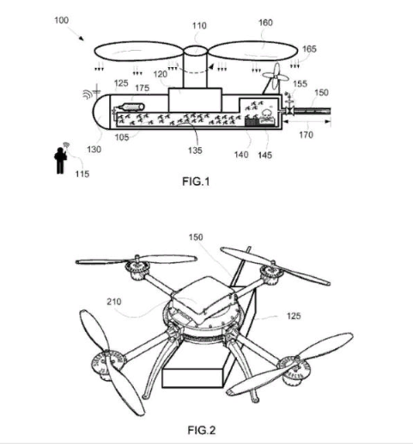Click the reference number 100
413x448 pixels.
[62, 21]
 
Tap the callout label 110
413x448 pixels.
[199, 26]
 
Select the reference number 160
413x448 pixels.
[265, 22]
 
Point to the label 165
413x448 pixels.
[309, 49]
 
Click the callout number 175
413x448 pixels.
[142, 88]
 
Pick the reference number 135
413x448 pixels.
[195, 150]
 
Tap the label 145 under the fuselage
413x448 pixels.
[264, 155]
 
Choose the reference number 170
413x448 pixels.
[306, 134]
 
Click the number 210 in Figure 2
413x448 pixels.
[114, 302]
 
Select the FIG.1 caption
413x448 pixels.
[196, 181]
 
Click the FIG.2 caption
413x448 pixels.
[202, 430]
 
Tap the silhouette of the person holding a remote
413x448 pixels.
[61, 160]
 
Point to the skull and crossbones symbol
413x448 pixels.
[268, 117]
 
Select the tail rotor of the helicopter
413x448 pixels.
[276, 76]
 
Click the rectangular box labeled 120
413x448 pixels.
[195, 100]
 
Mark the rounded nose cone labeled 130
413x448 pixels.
[101, 112]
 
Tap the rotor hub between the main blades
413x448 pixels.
[195, 51]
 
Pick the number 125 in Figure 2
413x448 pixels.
[294, 316]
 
